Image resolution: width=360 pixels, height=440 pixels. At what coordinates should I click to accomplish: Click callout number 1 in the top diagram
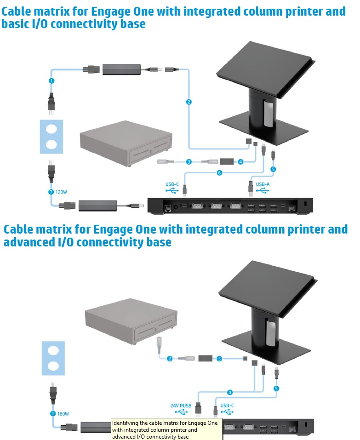tap(51, 80)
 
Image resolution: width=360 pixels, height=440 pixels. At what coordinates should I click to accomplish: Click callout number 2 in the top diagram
tap(188, 102)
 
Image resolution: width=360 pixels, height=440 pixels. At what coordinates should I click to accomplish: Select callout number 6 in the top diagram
tap(219, 173)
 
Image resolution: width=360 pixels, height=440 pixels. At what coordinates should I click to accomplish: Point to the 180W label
tap(63, 413)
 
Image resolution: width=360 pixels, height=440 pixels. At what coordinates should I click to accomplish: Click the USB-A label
tap(263, 185)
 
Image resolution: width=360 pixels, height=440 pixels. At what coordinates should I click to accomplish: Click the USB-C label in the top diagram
tap(172, 185)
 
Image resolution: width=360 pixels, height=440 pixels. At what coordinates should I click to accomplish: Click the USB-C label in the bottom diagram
tap(228, 406)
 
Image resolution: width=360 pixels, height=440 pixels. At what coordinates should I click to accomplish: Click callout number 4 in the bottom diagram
tap(230, 392)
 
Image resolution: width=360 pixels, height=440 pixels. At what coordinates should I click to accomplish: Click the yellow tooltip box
tap(167, 429)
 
